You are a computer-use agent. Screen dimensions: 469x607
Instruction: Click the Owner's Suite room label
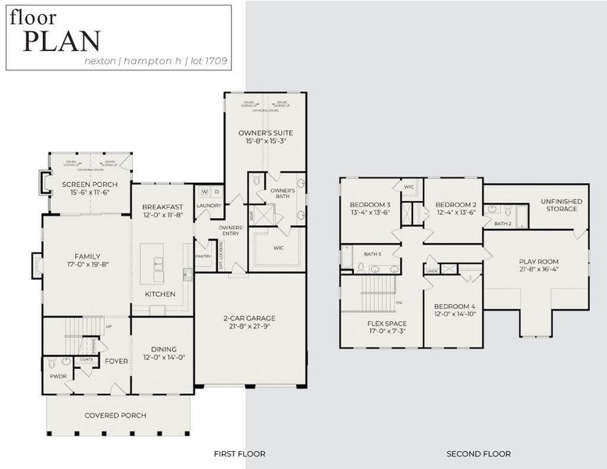click(265, 134)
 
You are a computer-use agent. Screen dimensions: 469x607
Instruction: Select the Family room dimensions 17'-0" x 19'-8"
click(87, 264)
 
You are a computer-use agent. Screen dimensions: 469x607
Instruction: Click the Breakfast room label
click(162, 207)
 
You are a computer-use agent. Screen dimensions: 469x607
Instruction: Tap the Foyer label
click(116, 361)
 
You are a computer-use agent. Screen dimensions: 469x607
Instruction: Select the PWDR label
click(58, 376)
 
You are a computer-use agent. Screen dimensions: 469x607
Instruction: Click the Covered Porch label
click(115, 415)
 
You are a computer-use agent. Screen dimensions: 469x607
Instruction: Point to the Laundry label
click(209, 206)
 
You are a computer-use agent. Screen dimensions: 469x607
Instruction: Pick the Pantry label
click(204, 256)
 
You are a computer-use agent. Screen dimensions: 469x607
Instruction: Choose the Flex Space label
click(387, 322)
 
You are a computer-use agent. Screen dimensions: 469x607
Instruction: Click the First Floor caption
click(240, 453)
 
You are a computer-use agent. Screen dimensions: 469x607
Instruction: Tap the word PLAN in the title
click(61, 41)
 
